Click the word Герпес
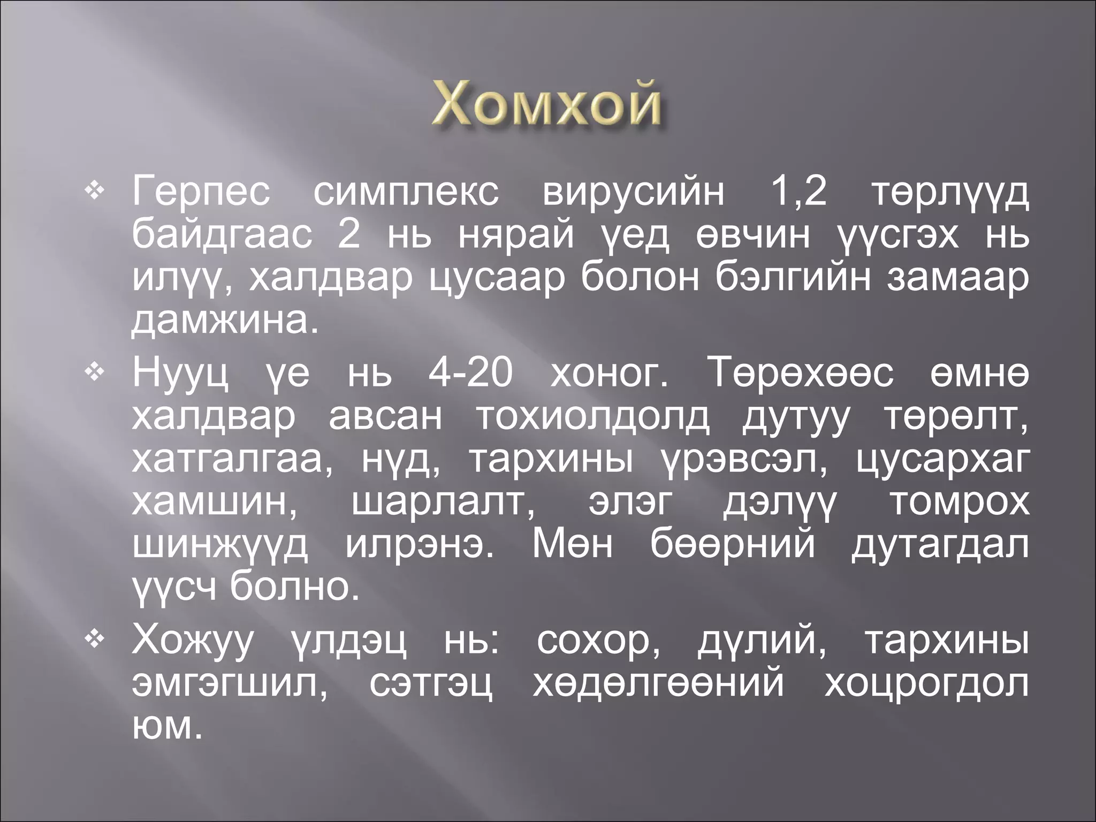pos(201,194)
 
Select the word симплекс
pos(406,194)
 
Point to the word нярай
pos(516,236)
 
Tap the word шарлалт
pos(444,503)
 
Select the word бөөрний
pos(733,546)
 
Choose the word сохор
pos(598,642)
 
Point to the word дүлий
pos(762,642)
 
